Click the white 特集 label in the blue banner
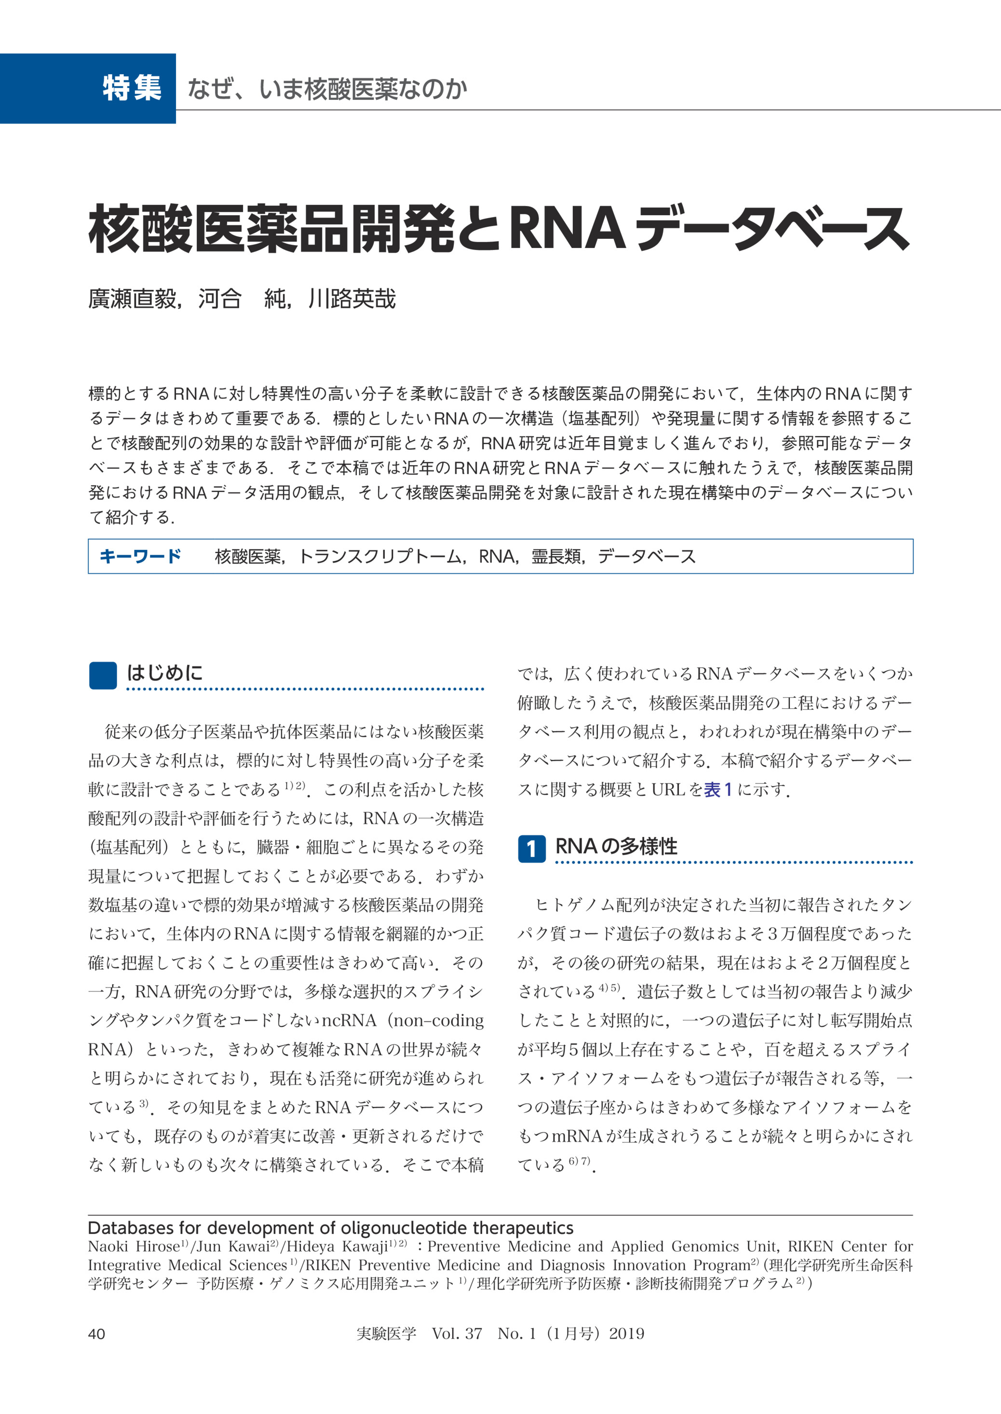pyautogui.click(x=132, y=88)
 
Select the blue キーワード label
pyautogui.click(x=140, y=556)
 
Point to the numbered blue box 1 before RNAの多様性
pyautogui.click(x=531, y=849)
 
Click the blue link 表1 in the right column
pyautogui.click(x=717, y=789)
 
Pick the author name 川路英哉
pyautogui.click(x=352, y=299)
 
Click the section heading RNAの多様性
pyautogui.click(x=616, y=846)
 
